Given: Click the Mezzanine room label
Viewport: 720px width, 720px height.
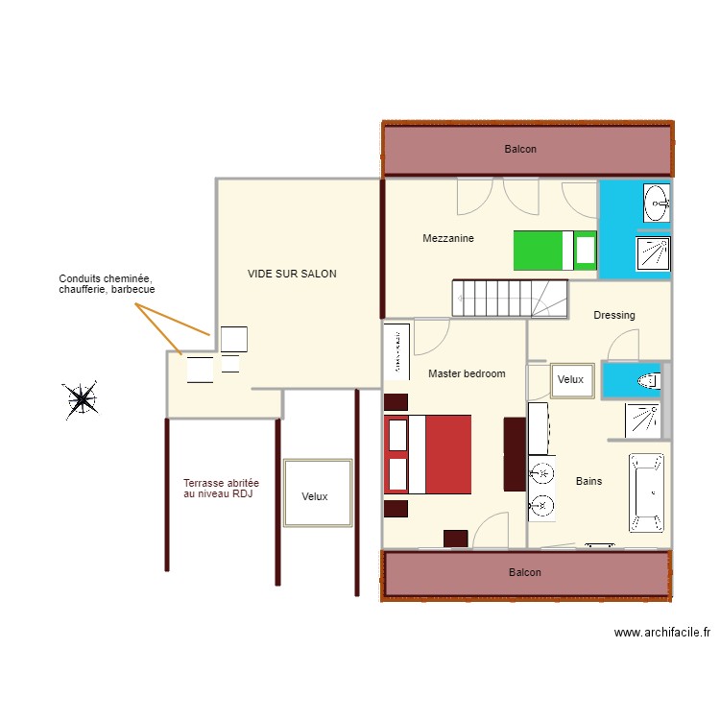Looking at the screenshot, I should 448,238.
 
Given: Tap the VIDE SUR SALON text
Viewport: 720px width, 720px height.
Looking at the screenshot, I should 292,274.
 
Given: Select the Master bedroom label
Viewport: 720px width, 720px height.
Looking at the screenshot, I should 467,373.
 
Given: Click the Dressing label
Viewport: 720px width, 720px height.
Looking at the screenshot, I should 614,315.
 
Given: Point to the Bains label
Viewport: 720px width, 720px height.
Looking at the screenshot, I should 588,481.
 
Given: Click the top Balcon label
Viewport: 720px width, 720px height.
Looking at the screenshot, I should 520,149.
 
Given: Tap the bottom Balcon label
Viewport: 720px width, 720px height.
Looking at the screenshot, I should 525,572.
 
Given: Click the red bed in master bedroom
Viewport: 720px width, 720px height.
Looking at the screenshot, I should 428,454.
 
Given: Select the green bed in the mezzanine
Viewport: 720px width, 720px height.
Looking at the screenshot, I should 555,251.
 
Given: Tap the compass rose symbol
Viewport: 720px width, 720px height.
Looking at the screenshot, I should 80,399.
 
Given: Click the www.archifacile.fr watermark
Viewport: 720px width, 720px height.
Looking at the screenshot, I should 661,633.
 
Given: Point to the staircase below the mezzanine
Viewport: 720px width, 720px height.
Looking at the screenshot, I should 510,298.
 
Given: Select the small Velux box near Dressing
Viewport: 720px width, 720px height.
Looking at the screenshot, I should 570,379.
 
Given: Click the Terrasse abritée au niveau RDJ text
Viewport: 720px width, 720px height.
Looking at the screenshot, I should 221,488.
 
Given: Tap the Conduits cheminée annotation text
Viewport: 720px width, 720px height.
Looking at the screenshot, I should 107,283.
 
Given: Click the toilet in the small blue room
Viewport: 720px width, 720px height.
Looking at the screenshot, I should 649,380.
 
